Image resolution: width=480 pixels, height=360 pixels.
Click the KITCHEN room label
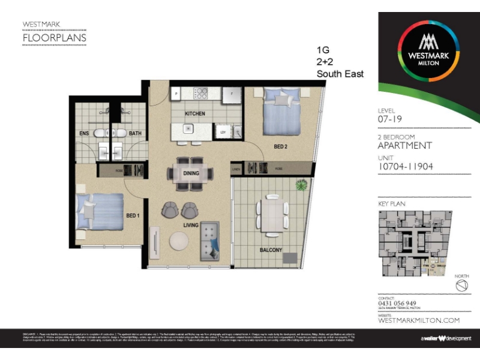pyautogui.click(x=195, y=113)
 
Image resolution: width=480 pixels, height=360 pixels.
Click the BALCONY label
pyautogui.click(x=271, y=250)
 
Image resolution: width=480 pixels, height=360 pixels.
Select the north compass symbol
pyautogui.click(x=461, y=286)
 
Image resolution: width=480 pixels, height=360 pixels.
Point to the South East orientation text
pyautogui.click(x=340, y=74)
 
